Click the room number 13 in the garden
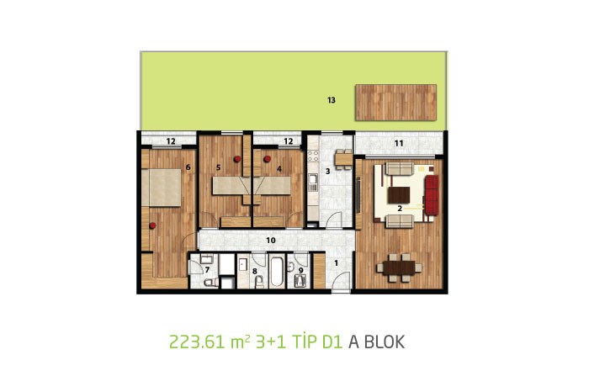(x=331, y=100)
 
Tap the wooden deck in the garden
(x=396, y=103)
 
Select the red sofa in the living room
(x=432, y=195)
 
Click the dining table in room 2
(x=400, y=268)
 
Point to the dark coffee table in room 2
(x=399, y=195)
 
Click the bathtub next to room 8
(x=278, y=272)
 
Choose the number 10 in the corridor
(x=271, y=241)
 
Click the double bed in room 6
(x=162, y=188)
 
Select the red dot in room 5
(x=237, y=159)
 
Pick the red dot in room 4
(x=267, y=159)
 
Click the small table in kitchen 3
(x=343, y=159)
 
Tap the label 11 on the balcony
(x=399, y=143)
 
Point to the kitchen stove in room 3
(x=313, y=156)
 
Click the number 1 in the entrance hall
(x=336, y=263)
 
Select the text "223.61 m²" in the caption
(x=210, y=342)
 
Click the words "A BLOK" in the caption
(x=377, y=342)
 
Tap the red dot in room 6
(x=152, y=225)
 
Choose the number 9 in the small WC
(x=301, y=269)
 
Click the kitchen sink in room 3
(x=313, y=183)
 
